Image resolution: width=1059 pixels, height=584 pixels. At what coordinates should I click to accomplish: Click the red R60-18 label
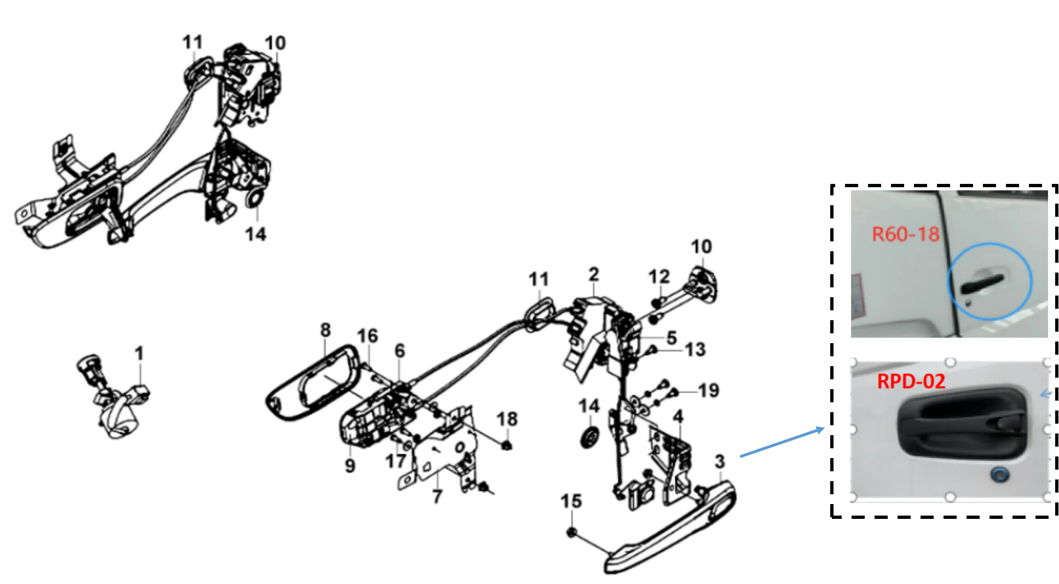tap(905, 234)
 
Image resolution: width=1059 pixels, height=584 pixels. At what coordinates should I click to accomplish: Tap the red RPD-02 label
tap(911, 381)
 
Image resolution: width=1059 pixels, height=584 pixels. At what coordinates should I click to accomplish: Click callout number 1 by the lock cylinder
tap(139, 353)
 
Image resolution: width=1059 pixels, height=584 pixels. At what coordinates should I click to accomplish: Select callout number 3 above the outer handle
tap(720, 461)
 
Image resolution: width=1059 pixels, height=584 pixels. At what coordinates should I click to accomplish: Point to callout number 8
tap(325, 329)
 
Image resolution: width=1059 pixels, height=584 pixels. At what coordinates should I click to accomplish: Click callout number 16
tap(367, 336)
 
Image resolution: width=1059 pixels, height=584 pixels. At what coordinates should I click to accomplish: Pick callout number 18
tap(507, 419)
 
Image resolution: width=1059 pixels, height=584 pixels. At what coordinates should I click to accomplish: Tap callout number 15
tap(571, 501)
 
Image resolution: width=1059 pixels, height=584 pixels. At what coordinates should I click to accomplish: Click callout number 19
tap(708, 390)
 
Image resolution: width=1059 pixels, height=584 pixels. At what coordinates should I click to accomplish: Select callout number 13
tap(695, 349)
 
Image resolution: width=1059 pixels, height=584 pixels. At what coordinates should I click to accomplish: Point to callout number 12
tap(659, 276)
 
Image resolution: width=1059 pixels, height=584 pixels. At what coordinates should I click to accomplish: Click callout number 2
tap(594, 274)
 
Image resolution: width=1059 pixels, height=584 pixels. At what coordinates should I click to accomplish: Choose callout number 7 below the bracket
tap(437, 496)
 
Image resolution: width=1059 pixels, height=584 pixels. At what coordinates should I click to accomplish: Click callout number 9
tap(350, 465)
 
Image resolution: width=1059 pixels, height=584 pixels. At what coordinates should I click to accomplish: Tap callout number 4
tap(678, 417)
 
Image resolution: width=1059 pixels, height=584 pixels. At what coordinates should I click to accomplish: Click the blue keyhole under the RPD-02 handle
tap(1000, 475)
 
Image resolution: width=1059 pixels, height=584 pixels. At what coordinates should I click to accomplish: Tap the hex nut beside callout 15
tap(571, 531)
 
